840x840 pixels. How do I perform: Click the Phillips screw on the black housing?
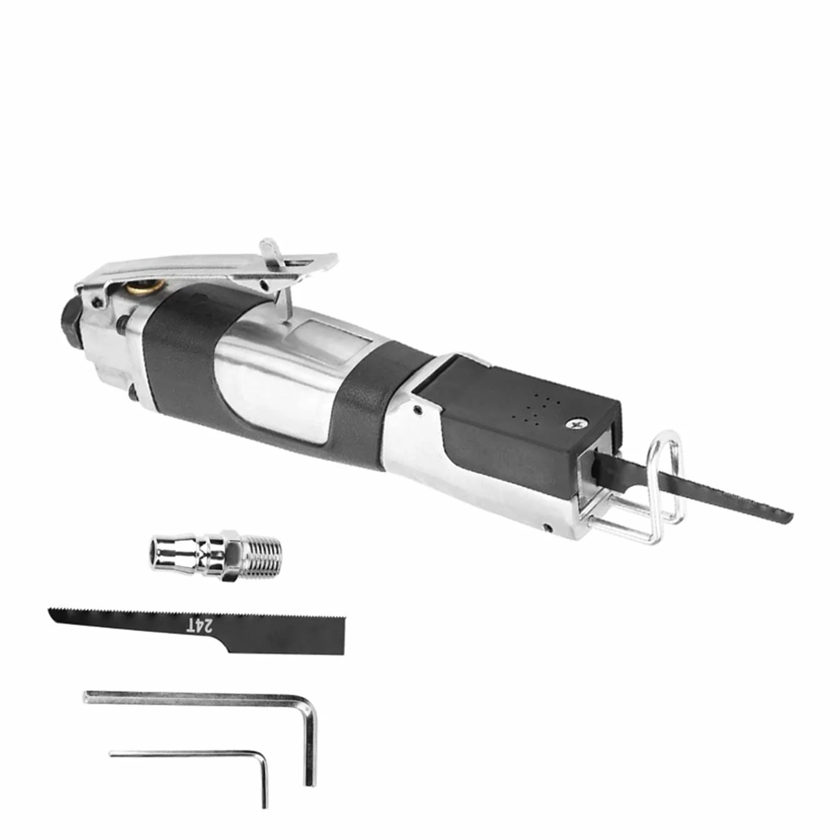(x=577, y=424)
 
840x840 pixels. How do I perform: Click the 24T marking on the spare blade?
(x=200, y=625)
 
